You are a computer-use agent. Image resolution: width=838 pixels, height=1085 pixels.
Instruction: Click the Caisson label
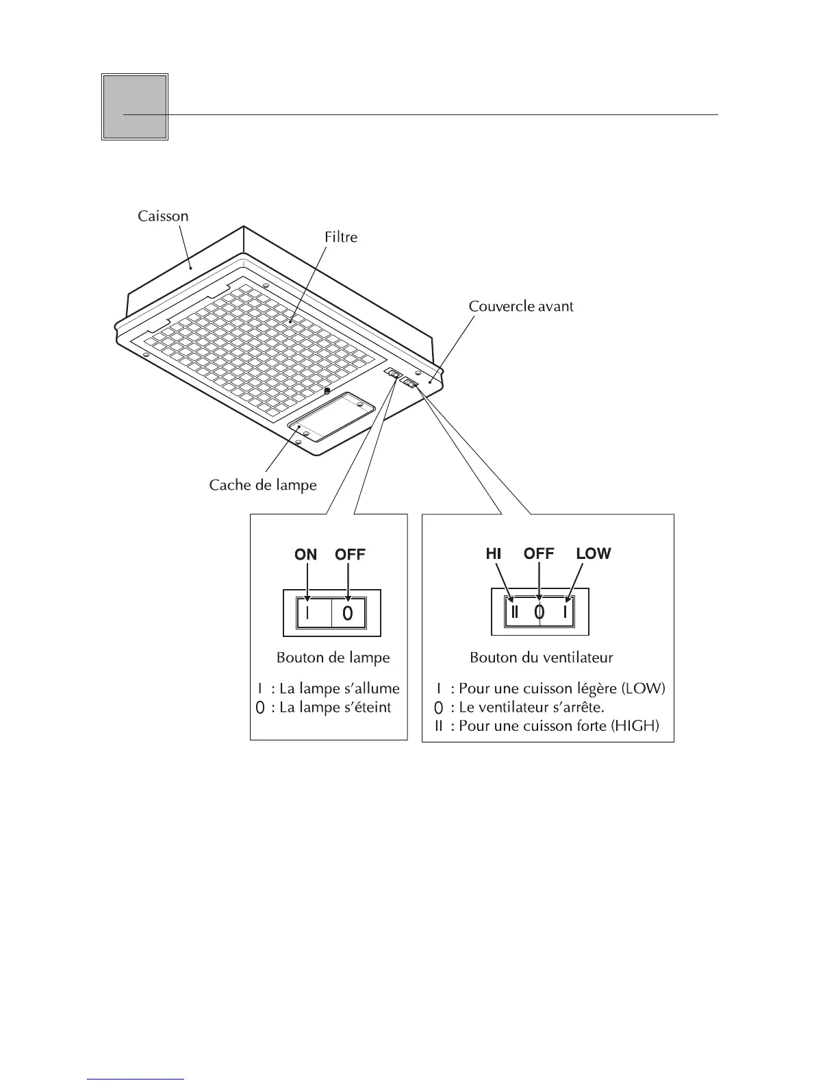(163, 216)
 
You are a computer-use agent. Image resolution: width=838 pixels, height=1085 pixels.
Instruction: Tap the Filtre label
(341, 237)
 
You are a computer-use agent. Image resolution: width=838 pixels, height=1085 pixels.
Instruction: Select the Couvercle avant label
(520, 306)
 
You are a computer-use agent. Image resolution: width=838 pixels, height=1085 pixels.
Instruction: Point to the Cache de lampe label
(263, 485)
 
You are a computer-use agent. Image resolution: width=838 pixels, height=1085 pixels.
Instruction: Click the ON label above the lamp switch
(305, 554)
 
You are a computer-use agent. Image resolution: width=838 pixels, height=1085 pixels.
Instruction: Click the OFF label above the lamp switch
(350, 554)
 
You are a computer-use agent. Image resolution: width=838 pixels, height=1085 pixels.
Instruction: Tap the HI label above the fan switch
(494, 553)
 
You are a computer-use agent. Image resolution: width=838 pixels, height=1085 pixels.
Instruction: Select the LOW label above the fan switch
(593, 553)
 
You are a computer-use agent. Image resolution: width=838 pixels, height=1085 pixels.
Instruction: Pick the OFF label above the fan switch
(539, 553)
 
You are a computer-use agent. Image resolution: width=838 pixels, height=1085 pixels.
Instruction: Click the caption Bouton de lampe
(333, 658)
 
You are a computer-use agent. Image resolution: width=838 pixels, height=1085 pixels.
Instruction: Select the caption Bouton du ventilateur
(541, 658)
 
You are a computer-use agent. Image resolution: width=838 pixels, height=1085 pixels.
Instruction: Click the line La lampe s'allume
(339, 688)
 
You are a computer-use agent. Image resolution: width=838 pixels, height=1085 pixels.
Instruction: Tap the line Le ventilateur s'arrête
(531, 707)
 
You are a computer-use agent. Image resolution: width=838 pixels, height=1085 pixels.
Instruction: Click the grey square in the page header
(135, 107)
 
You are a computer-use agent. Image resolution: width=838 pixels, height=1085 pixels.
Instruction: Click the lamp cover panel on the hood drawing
(331, 416)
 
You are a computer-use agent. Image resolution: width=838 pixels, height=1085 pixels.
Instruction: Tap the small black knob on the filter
(327, 390)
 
